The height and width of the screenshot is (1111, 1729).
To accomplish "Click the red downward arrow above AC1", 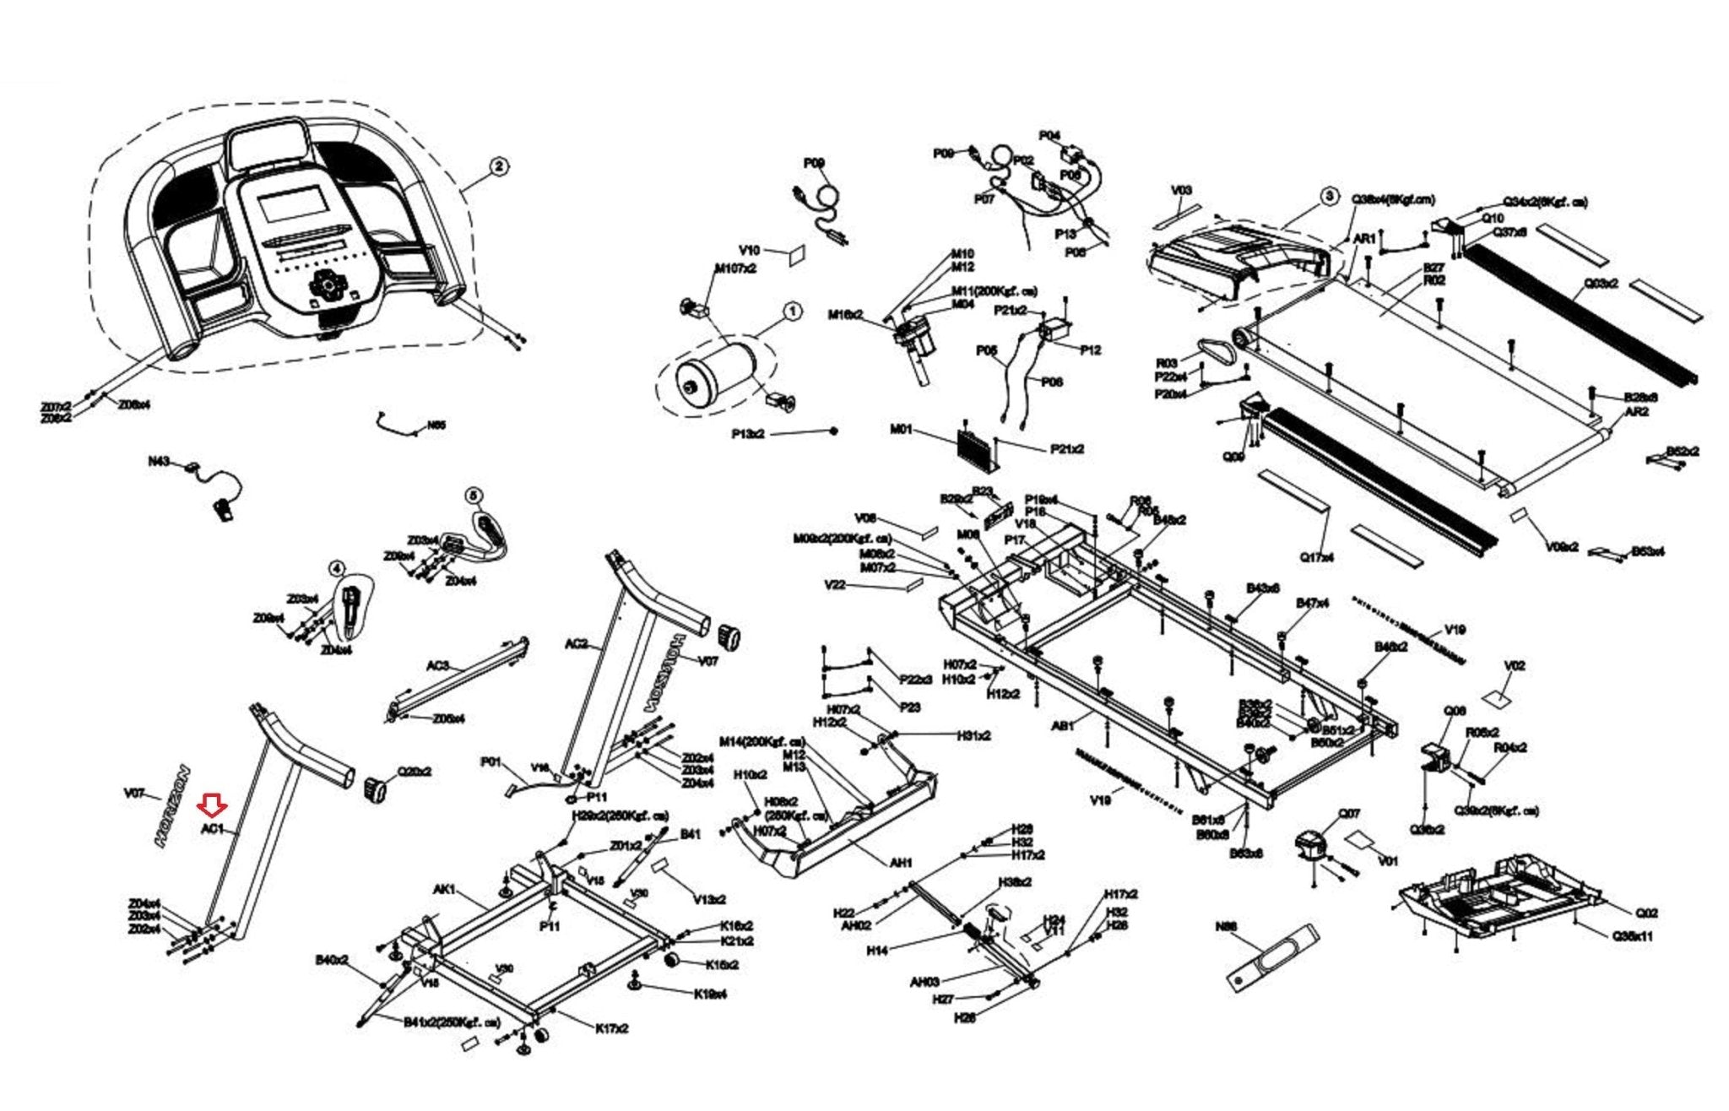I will pos(211,805).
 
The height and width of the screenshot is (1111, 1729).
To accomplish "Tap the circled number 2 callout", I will pos(499,166).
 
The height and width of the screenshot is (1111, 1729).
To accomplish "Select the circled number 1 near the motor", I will pos(792,312).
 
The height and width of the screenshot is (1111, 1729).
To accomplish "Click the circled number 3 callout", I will pos(1329,197).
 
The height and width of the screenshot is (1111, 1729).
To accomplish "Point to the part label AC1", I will pos(212,829).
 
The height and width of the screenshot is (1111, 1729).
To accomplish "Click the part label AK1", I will pos(445,890).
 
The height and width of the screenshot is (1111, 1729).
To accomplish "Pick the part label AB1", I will pos(1063,725).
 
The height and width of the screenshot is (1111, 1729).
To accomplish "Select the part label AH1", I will pos(901,863).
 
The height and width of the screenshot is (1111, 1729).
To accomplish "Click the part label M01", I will pos(901,430).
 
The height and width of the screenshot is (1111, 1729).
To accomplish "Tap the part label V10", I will pos(749,250).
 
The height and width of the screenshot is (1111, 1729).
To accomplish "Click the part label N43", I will pos(159,462).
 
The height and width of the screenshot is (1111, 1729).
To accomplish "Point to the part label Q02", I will pos(1645,913).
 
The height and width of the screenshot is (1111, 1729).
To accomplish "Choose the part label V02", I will pos(1515,666).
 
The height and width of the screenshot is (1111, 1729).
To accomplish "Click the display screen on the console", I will pos(292,205).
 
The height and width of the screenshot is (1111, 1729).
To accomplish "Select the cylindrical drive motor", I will pos(716,376).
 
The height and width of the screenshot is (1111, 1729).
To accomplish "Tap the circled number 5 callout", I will pos(474,496).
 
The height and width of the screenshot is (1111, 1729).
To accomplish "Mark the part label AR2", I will pos(1636,412).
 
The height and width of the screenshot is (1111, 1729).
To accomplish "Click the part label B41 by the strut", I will pos(690,834).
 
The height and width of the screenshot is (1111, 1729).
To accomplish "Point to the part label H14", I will pos(877,951).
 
